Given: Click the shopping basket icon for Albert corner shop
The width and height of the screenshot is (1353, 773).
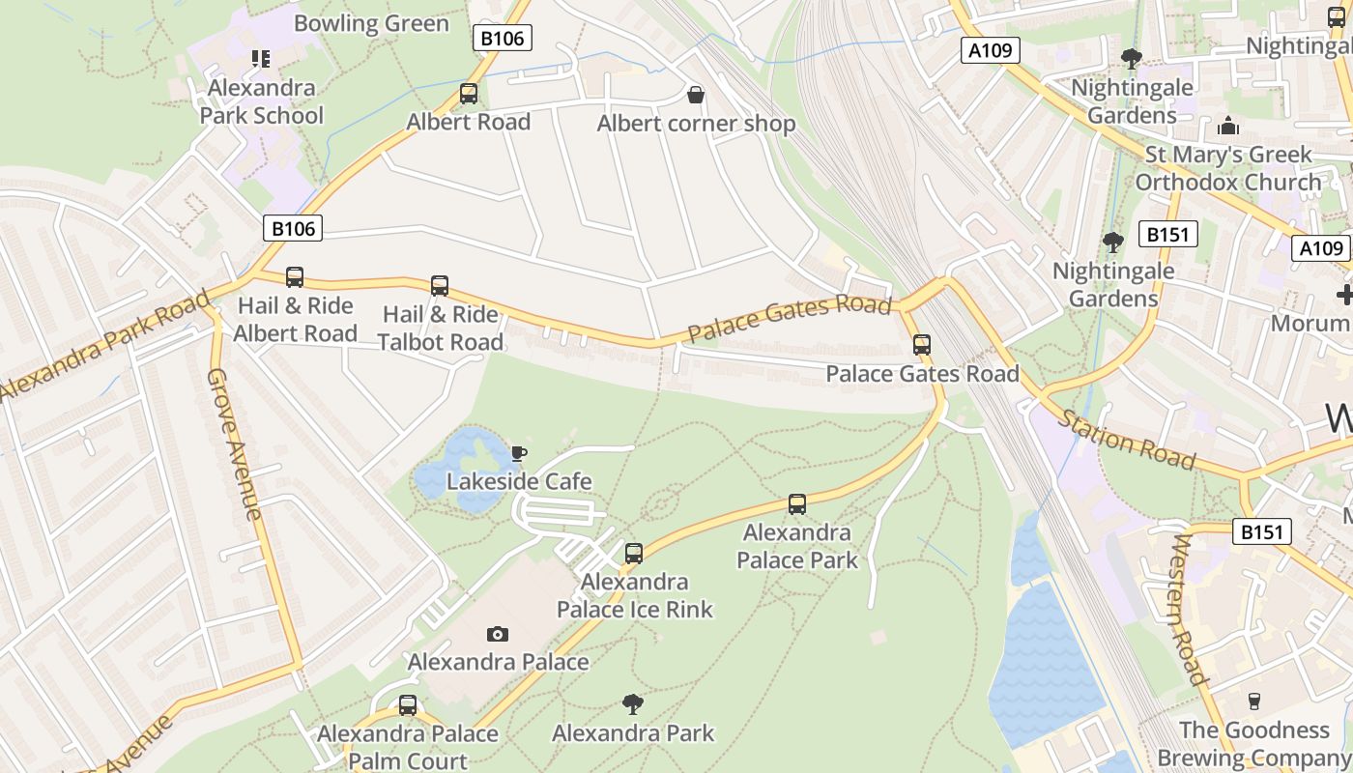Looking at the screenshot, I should [695, 95].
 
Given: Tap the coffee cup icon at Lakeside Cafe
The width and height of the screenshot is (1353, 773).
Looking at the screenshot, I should [519, 453].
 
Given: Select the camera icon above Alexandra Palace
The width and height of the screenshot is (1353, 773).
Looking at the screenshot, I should [498, 634].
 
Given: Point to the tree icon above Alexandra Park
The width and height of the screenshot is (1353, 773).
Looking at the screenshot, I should [633, 703].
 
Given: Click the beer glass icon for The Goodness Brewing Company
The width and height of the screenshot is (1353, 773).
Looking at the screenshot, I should [1254, 701].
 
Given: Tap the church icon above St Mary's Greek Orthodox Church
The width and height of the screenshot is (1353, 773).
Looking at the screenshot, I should [1228, 126].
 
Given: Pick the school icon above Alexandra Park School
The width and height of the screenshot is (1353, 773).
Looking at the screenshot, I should [261, 59].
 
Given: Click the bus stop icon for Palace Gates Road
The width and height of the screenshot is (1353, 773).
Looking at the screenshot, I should [922, 345].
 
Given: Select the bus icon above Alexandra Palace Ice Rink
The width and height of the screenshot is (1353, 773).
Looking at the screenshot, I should [634, 554].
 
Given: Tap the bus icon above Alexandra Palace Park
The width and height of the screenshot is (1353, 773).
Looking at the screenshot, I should [797, 504].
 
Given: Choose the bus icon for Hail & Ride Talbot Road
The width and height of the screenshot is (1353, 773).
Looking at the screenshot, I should [440, 286].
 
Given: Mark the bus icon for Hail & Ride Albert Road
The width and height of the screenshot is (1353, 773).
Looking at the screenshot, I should [295, 277].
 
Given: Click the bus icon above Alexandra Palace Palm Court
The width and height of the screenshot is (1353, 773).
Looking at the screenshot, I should [408, 705].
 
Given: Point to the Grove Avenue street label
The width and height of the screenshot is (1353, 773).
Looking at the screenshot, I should [235, 444].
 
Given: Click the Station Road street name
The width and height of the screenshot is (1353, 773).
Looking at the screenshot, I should [1128, 440].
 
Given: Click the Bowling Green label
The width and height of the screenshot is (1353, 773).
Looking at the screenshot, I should [371, 23].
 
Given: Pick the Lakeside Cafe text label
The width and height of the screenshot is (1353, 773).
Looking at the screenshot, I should [519, 481].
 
